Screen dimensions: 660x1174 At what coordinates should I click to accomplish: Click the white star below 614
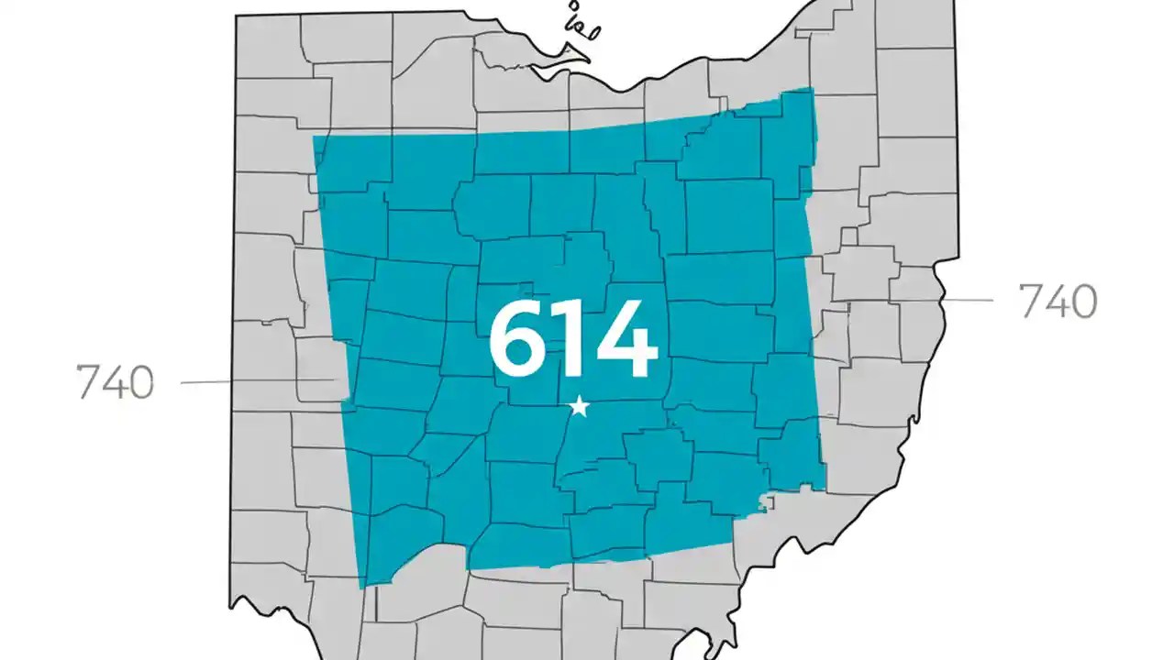(x=579, y=406)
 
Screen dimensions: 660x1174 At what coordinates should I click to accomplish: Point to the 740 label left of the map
(x=115, y=382)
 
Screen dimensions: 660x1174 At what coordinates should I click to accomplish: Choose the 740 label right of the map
(x=1058, y=301)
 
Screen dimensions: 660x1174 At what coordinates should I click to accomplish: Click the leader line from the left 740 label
(x=257, y=381)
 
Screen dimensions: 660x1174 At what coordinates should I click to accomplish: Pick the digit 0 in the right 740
(x=1083, y=301)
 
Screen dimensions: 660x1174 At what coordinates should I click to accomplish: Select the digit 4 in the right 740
(x=1058, y=301)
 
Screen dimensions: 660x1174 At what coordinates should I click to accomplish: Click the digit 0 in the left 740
(x=139, y=382)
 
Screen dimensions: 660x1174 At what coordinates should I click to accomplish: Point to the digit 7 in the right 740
(x=1030, y=301)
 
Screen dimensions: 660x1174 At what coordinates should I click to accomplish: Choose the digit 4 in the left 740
(x=114, y=382)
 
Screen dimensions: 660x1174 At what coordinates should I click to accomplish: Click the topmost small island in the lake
(x=575, y=6)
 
